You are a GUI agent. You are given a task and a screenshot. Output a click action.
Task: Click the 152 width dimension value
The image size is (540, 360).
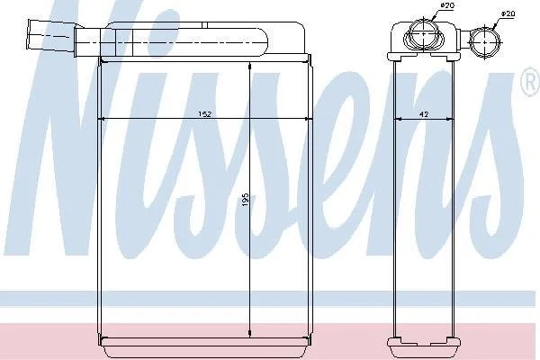click(x=204, y=114)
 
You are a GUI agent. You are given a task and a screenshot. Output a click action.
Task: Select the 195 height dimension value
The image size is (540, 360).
click(x=246, y=200)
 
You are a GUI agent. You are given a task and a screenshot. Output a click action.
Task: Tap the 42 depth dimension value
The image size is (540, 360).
click(x=424, y=114)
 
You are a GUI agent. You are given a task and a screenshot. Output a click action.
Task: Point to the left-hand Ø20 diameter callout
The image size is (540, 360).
click(x=447, y=5)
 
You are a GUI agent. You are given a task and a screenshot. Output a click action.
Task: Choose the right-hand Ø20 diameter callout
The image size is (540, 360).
click(x=508, y=13)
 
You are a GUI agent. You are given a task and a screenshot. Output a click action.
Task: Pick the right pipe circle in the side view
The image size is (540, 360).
click(x=485, y=41)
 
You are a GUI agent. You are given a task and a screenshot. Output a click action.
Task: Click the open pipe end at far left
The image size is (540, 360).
click(x=31, y=33)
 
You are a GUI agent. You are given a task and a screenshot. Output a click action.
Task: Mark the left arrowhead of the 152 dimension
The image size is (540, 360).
click(x=101, y=119)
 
